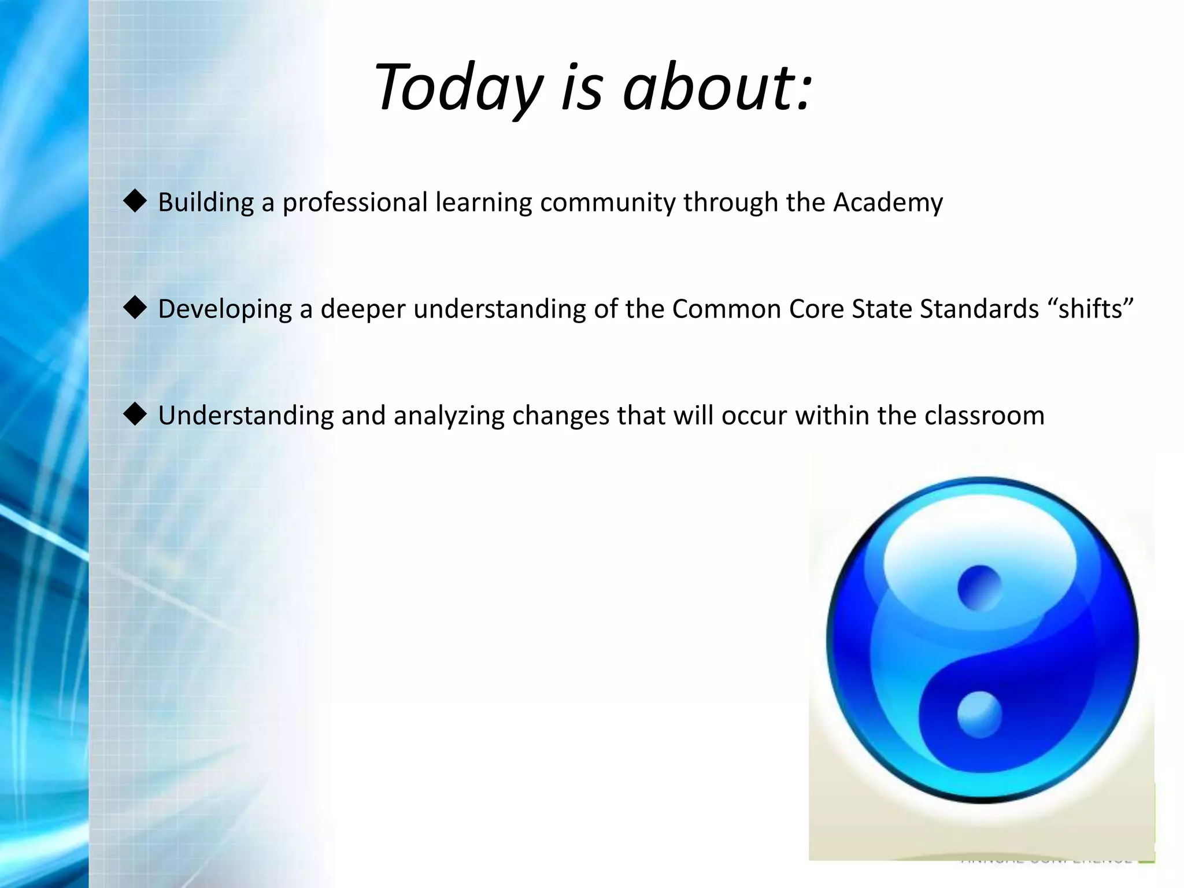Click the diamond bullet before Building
tap(135, 202)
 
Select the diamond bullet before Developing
tap(135, 308)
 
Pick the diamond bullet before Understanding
tap(135, 415)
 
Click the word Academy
tap(887, 203)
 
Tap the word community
tap(607, 203)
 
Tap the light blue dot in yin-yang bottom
tap(979, 715)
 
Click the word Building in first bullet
tap(206, 203)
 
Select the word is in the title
tap(582, 88)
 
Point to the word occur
tap(754, 416)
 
